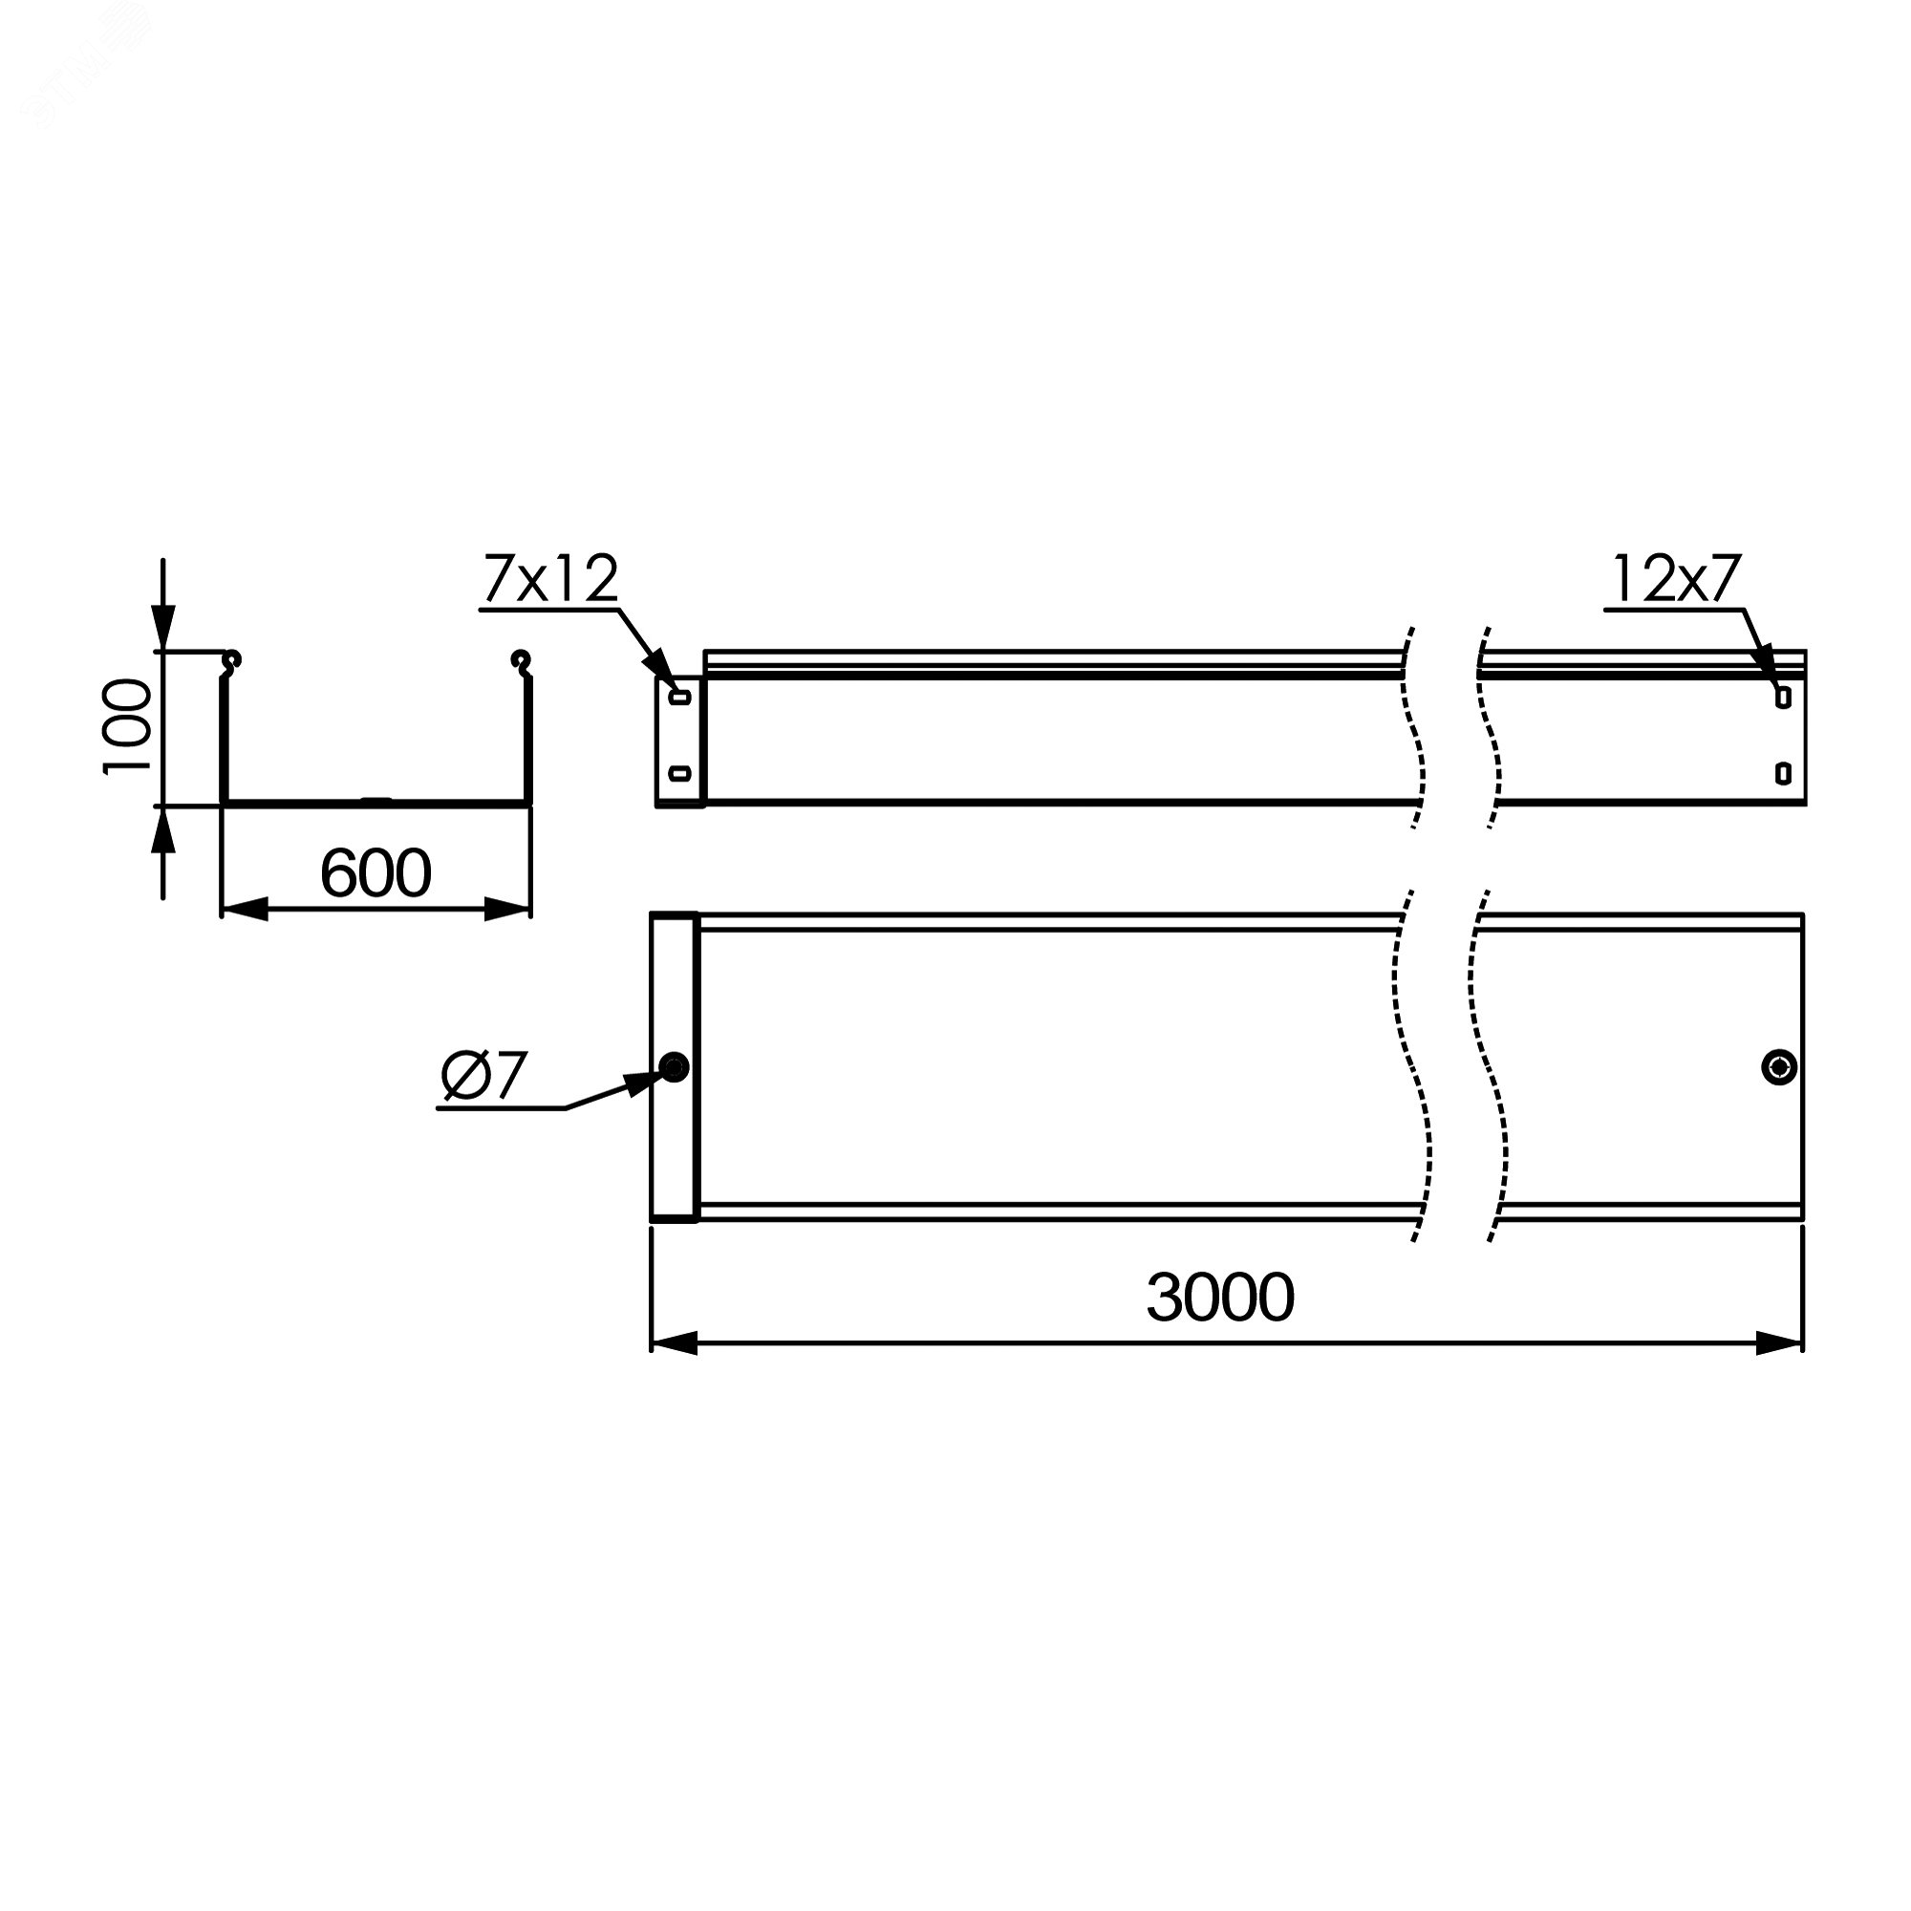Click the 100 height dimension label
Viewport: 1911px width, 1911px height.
pos(129,727)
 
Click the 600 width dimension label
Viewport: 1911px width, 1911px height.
pos(376,873)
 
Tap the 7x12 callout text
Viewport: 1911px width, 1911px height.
pos(551,580)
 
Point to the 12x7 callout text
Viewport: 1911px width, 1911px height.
pos(1676,580)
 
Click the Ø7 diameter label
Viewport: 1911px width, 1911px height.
pos(484,1076)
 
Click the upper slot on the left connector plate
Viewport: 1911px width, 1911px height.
pos(680,698)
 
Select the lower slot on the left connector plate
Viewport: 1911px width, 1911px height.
pos(680,772)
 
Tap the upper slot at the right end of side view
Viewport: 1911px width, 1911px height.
pos(1783,698)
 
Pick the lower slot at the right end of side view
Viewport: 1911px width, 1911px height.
pos(1783,772)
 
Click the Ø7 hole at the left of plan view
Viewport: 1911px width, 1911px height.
pos(676,1067)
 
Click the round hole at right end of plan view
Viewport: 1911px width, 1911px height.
pos(1779,1067)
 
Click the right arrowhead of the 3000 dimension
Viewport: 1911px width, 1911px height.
pos(1779,1343)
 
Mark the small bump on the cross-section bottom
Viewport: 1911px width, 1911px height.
pos(376,799)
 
